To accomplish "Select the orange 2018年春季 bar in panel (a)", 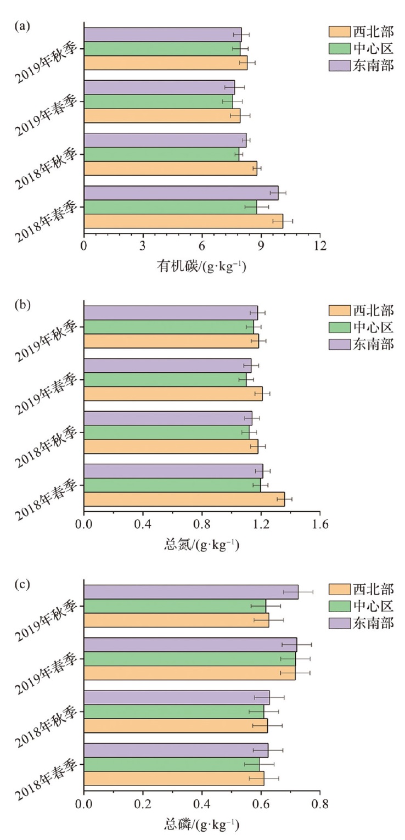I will [x=183, y=221].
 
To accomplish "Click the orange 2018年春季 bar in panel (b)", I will [x=184, y=499].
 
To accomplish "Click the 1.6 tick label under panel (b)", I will [x=319, y=524].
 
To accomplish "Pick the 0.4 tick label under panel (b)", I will [x=143, y=524].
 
